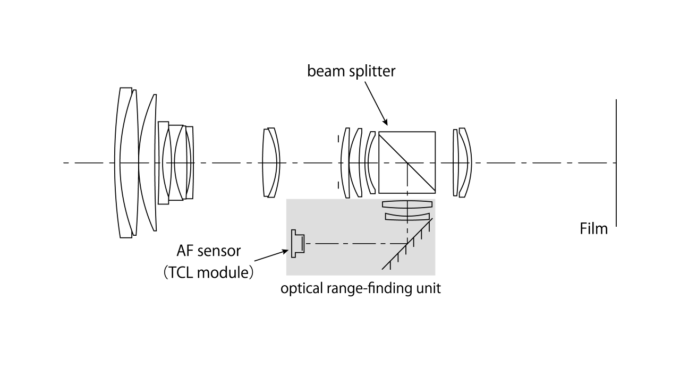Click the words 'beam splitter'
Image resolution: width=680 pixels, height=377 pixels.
(x=351, y=71)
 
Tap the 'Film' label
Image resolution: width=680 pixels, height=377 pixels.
(x=593, y=229)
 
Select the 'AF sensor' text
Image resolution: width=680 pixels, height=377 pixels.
(x=208, y=250)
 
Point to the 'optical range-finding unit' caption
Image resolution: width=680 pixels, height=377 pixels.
(x=361, y=289)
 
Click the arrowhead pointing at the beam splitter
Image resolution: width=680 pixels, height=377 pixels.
(x=386, y=123)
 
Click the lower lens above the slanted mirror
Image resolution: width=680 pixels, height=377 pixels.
(x=407, y=216)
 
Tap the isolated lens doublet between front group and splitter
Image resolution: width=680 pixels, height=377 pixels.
(x=270, y=162)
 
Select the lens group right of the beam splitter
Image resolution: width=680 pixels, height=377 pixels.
(x=462, y=162)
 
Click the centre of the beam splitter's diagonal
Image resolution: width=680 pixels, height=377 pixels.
(x=407, y=162)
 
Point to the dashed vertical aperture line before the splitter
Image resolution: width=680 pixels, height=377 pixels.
(x=338, y=162)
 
